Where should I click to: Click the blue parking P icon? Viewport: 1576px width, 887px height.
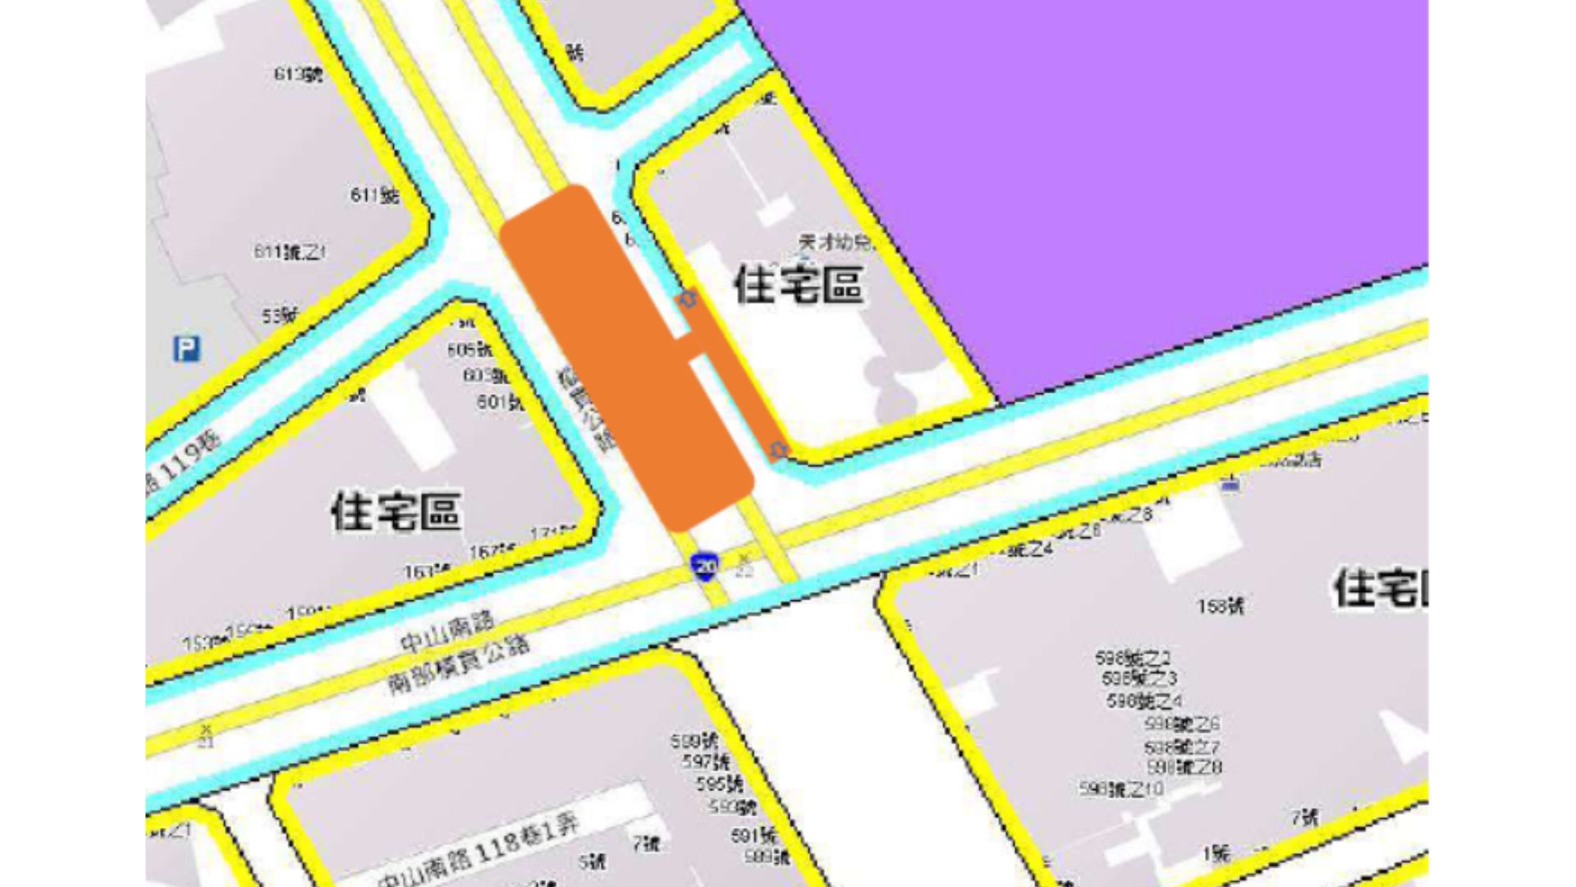pyautogui.click(x=186, y=349)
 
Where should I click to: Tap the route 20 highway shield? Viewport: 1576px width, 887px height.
pyautogui.click(x=705, y=565)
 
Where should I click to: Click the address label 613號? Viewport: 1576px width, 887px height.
pyautogui.click(x=298, y=75)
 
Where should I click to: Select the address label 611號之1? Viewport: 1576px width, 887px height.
pyautogui.click(x=289, y=251)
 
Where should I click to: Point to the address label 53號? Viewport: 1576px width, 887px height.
pyautogui.click(x=280, y=315)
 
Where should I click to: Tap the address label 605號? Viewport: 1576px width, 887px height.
pyautogui.click(x=469, y=350)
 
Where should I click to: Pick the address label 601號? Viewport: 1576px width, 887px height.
pyautogui.click(x=499, y=402)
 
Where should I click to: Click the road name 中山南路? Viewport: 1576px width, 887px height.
pyautogui.click(x=447, y=631)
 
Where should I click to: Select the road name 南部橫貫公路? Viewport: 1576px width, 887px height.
pyautogui.click(x=458, y=664)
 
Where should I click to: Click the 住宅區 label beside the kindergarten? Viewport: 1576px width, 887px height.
pyautogui.click(x=798, y=284)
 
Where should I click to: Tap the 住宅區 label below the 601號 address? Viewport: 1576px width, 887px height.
pyautogui.click(x=396, y=511)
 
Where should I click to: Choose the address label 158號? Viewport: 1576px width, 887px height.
pyautogui.click(x=1220, y=606)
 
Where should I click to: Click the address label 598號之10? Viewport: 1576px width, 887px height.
pyautogui.click(x=1121, y=789)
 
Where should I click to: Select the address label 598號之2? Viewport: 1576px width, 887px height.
pyautogui.click(x=1133, y=658)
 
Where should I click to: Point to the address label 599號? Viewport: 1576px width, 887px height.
pyautogui.click(x=694, y=742)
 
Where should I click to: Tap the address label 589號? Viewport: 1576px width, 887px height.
pyautogui.click(x=767, y=857)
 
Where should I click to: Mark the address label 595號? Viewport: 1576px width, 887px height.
pyautogui.click(x=719, y=784)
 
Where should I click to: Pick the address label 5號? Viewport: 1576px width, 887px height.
pyautogui.click(x=592, y=862)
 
